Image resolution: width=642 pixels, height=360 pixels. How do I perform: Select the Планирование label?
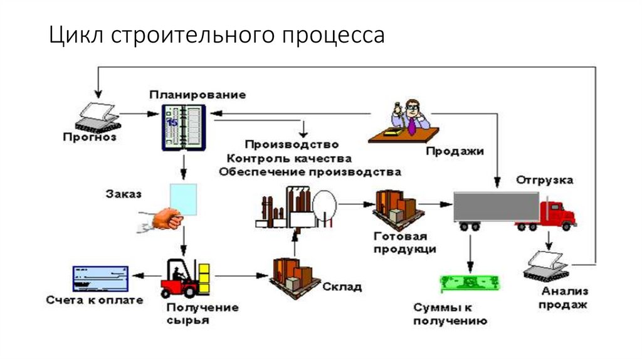tap(197, 94)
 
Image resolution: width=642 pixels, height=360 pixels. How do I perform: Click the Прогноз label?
tap(90, 137)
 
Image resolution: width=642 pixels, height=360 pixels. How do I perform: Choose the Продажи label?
tap(455, 151)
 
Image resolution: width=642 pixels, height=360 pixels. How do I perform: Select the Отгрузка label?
tap(544, 180)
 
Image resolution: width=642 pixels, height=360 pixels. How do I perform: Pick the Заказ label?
tap(123, 193)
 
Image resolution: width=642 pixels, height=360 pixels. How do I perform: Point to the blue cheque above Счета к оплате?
tap(100, 278)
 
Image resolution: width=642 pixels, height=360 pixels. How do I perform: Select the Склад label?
tap(342, 287)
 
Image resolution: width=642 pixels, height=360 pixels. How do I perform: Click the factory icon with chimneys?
tap(295, 208)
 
